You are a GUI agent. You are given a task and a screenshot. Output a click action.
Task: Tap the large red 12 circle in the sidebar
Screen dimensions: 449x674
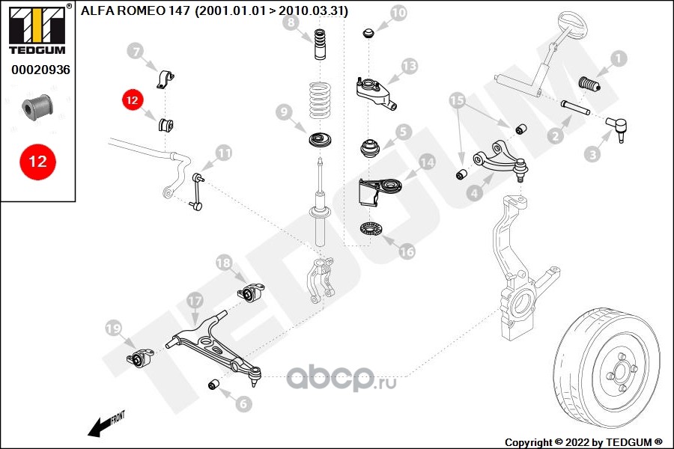(x=37, y=162)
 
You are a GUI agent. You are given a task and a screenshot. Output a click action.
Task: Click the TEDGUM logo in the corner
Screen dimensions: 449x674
(x=36, y=28)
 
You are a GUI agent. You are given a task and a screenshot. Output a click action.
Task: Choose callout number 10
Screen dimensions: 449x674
(x=398, y=13)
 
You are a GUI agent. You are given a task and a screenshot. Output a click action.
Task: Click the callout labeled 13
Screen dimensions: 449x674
(x=408, y=66)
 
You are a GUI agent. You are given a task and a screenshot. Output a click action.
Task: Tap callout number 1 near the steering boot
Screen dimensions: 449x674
(x=619, y=57)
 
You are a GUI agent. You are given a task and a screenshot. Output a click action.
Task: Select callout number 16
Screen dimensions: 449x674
(x=406, y=251)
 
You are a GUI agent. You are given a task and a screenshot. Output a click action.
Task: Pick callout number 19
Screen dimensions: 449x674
(x=113, y=327)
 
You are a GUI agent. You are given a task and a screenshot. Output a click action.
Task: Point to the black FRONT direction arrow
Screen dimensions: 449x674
(x=97, y=427)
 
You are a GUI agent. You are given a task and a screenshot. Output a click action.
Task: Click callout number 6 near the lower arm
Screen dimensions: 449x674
(x=243, y=404)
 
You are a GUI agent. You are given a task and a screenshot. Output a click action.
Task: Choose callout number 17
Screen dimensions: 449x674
(x=194, y=301)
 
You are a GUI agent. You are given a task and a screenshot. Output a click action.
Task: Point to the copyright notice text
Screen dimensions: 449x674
(x=583, y=442)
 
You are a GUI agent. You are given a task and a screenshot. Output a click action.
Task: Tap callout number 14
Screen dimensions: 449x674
(x=426, y=162)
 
